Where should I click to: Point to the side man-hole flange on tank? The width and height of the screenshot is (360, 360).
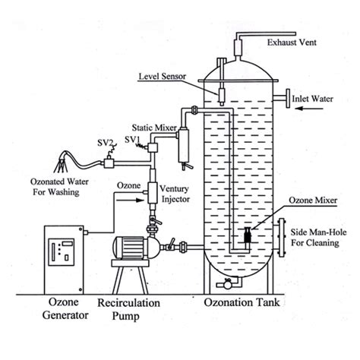(283, 236)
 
